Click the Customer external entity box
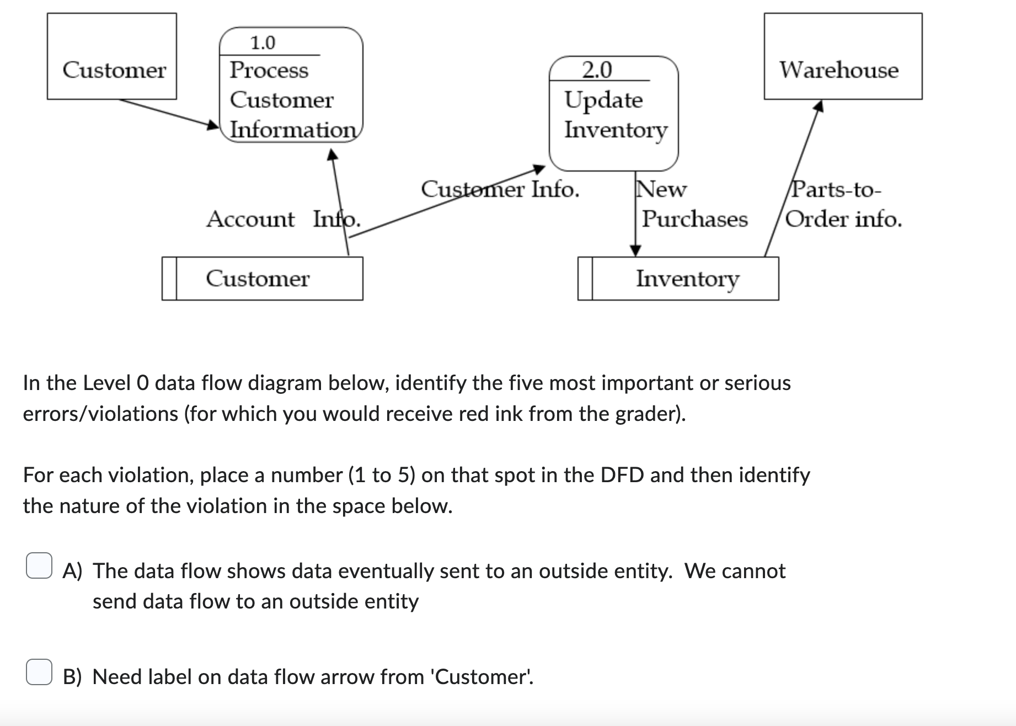(112, 57)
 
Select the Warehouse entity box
(842, 57)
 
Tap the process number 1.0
(263, 42)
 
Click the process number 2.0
(597, 70)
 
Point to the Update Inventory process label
(615, 115)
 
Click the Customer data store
(263, 279)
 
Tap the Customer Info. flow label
(500, 189)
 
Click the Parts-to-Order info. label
(843, 205)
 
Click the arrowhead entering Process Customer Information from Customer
(213, 125)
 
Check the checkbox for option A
(39, 565)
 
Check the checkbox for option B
(39, 672)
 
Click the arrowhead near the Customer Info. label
(538, 168)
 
